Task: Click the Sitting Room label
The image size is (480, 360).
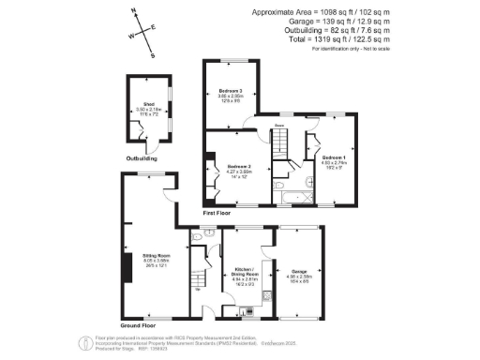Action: pyautogui.click(x=156, y=254)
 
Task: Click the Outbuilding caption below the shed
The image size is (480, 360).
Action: pyautogui.click(x=142, y=158)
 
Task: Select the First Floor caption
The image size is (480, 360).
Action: pyautogui.click(x=217, y=213)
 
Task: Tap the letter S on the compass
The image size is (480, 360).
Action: pyautogui.click(x=153, y=55)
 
